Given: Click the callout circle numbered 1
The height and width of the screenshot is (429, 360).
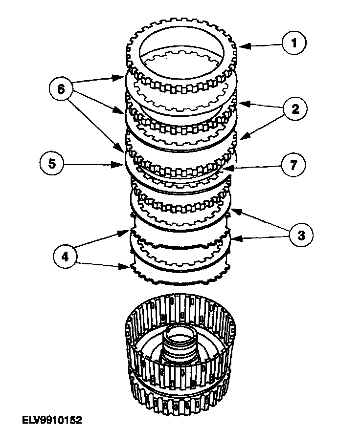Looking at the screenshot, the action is tap(294, 43).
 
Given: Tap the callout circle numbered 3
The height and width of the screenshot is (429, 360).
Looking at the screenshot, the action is tap(300, 235).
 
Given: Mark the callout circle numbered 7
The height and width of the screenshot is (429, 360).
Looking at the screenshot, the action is tap(292, 165).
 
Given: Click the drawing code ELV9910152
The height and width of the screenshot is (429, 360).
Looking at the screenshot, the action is tap(51, 420).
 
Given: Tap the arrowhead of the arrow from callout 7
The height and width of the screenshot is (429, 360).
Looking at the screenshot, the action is tap(225, 169).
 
